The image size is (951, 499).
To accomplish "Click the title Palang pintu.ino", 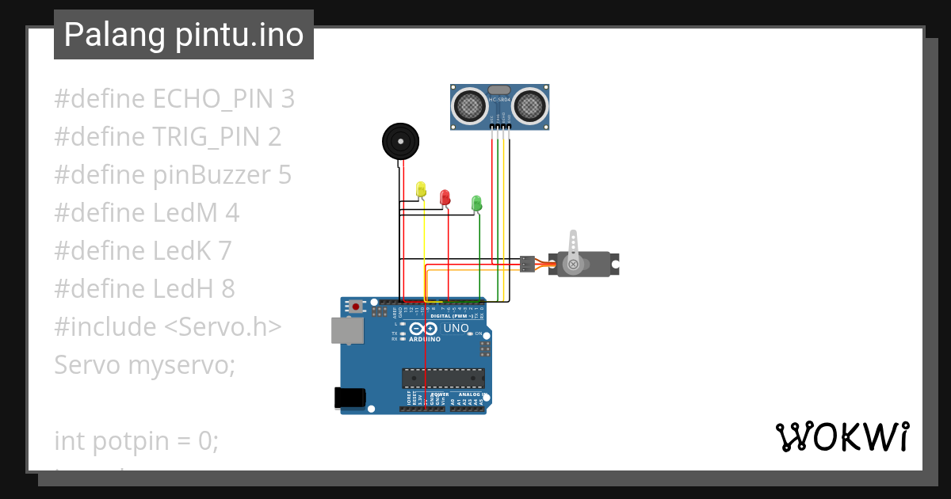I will point(183,35).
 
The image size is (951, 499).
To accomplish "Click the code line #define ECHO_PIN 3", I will point(174,99).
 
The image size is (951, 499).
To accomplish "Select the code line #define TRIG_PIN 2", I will point(168,137).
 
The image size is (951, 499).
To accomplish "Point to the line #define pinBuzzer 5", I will point(173,175).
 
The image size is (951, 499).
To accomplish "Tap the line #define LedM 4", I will point(147,213).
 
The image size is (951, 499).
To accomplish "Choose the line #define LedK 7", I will point(143,251).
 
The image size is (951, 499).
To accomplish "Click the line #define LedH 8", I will point(144,289).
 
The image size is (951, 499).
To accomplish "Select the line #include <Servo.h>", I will point(168,327).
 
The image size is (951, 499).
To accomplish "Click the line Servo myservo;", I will point(145,365).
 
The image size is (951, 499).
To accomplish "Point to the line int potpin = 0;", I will point(136,441).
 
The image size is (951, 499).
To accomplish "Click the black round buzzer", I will point(400,142).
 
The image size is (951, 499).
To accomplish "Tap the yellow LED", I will point(421,189).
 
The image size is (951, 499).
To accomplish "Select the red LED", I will point(445,197).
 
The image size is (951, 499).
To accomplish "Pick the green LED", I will point(476,203).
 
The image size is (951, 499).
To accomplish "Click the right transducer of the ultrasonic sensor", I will point(529,105).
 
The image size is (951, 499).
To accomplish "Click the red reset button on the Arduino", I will point(356,307).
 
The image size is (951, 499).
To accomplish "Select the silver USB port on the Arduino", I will point(347,331).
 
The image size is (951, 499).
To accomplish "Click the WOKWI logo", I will point(842,437).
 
